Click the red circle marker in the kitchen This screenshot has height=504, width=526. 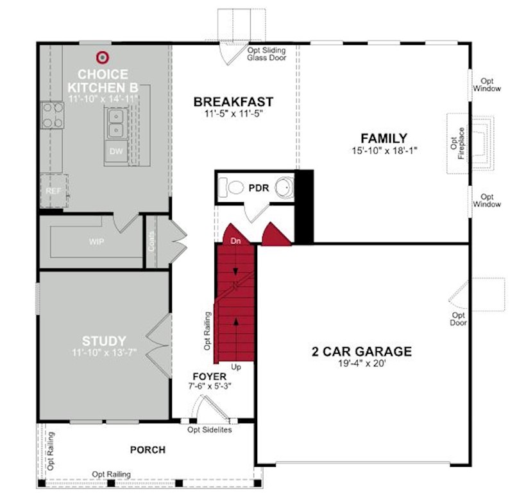103,58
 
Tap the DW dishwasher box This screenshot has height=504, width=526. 116,151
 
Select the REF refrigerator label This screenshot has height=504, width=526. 53,191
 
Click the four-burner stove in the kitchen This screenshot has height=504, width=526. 53,115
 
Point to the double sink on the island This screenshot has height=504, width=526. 116,123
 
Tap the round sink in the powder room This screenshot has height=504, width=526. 284,187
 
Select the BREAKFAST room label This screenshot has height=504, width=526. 233,101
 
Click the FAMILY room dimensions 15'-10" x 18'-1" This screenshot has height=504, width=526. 384,150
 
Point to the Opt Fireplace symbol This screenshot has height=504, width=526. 471,143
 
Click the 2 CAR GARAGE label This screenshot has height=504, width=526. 362,352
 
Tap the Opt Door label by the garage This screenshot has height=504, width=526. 458,319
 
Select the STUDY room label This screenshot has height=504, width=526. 104,341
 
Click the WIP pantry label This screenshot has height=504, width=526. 96,241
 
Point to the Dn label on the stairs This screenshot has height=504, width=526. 235,241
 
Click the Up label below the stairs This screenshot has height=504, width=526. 236,367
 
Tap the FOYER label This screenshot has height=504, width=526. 210,376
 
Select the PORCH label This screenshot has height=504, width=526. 148,449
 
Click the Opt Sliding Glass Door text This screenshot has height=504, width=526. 267,54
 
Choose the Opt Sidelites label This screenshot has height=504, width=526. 210,430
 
